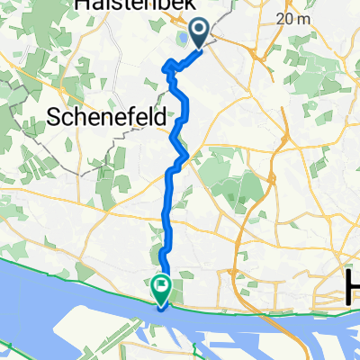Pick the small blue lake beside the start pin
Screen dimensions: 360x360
[x=184, y=39]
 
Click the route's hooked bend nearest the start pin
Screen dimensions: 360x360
[x=167, y=65]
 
